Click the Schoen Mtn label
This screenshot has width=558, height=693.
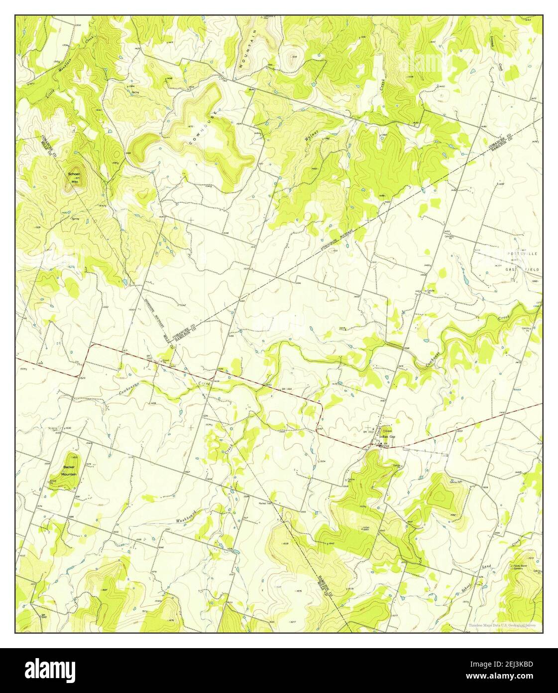tap(75, 178)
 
